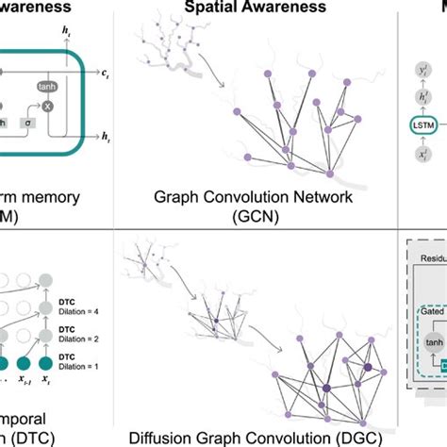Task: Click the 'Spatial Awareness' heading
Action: pyautogui.click(x=268, y=8)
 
